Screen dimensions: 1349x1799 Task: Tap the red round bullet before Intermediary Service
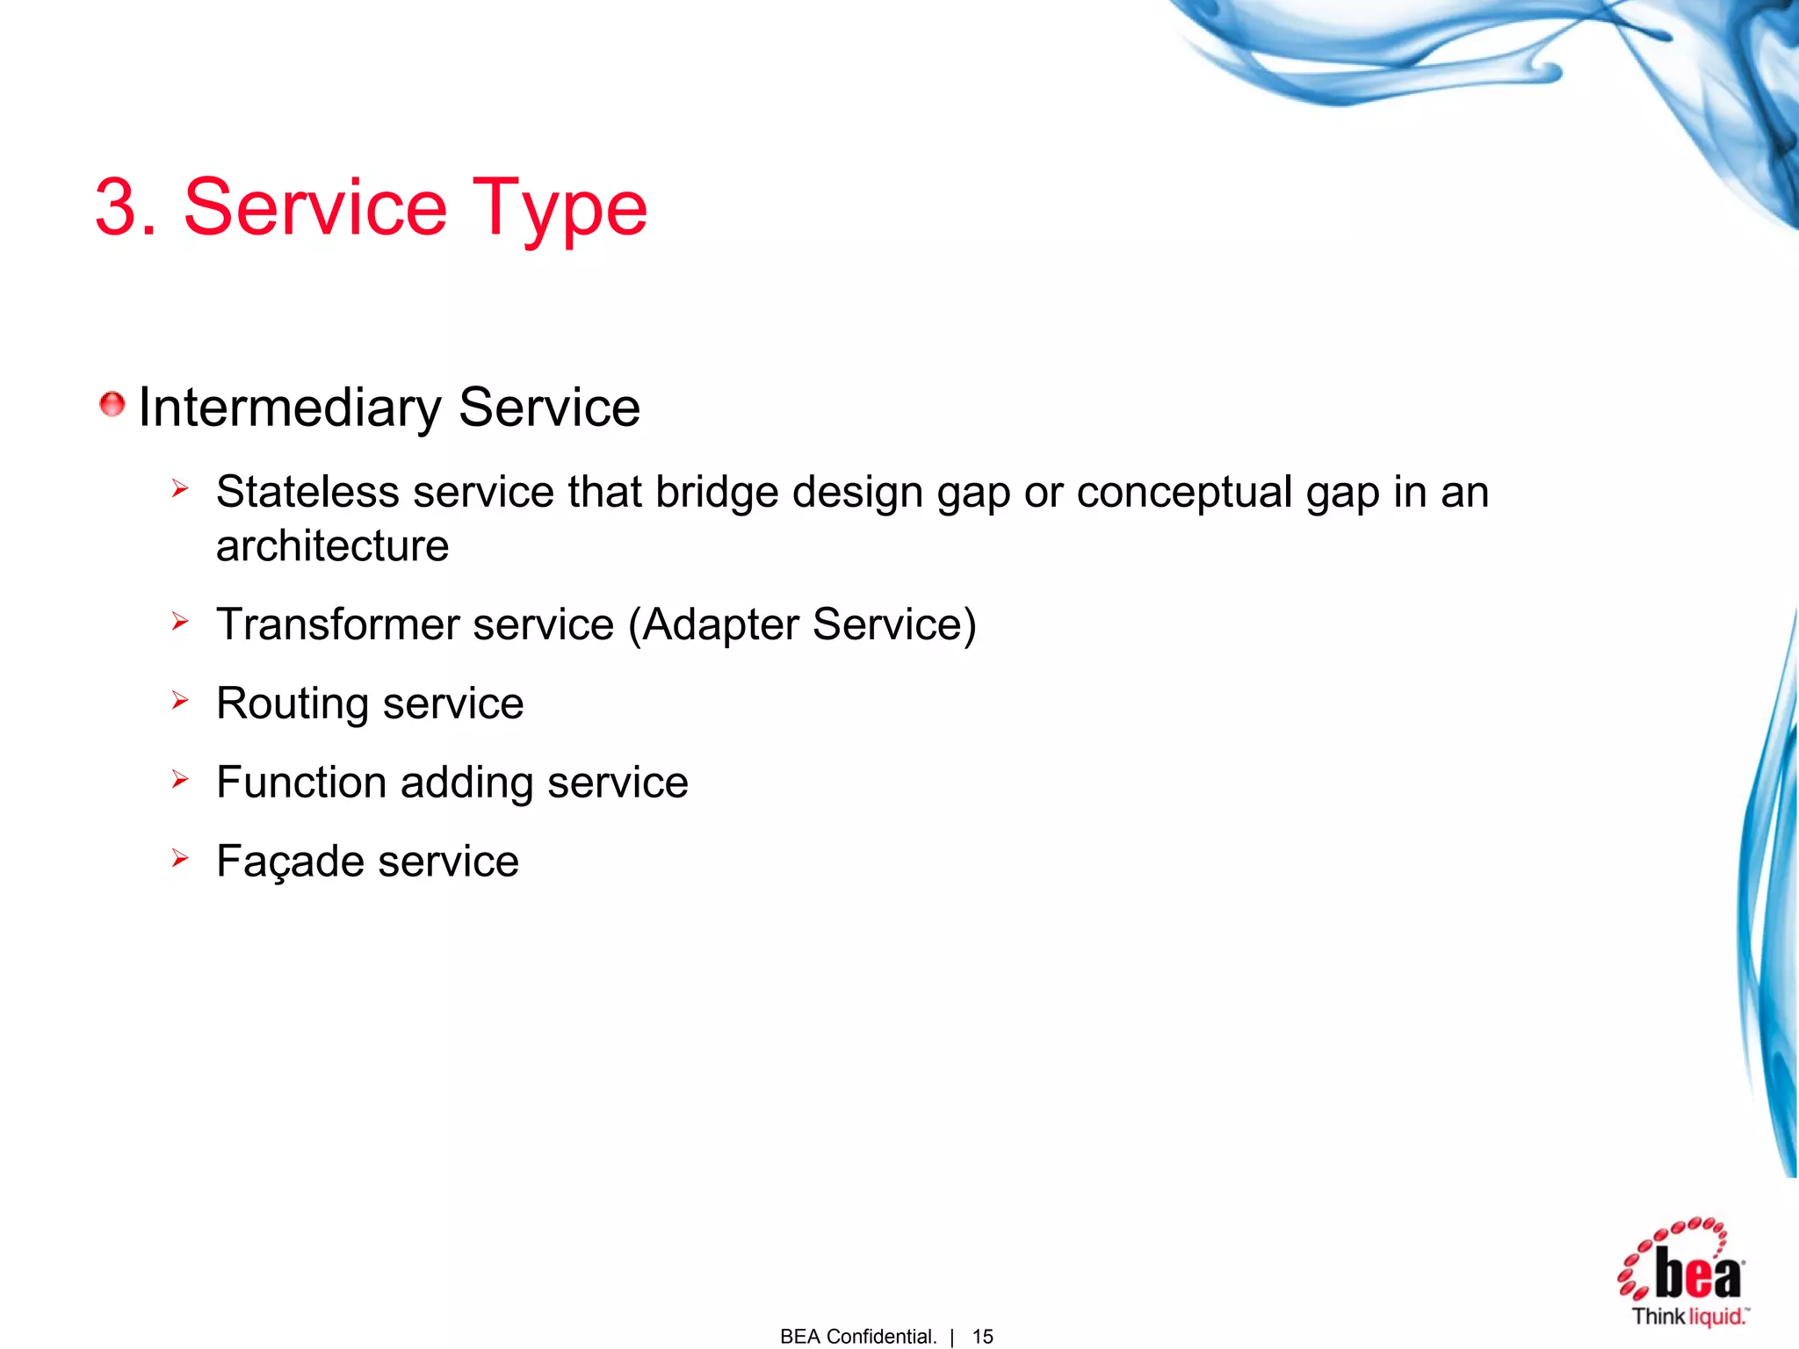pos(112,405)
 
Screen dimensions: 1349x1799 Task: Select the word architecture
pos(332,546)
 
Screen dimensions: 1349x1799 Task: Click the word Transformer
pos(338,624)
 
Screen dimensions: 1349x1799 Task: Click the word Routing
pos(293,704)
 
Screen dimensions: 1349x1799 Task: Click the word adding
pos(466,783)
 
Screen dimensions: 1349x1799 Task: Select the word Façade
pos(290,862)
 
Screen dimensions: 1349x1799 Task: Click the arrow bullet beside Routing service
pos(180,700)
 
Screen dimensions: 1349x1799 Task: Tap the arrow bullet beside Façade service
pos(180,857)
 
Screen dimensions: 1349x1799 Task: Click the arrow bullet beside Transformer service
pos(180,622)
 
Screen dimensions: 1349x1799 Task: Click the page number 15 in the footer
pos(982,1336)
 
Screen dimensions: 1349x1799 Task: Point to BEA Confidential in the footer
pos(857,1336)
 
